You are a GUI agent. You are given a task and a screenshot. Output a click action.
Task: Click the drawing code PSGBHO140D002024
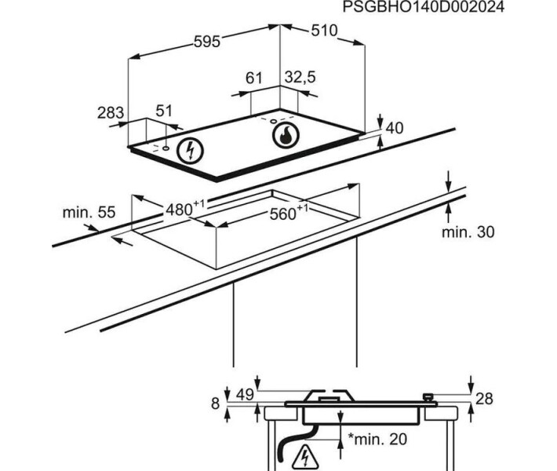[x=423, y=7]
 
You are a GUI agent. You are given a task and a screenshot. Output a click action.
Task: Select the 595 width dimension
[x=207, y=42]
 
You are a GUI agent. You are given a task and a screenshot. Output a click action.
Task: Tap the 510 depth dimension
[x=324, y=31]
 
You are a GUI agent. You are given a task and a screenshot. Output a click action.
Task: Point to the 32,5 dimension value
[x=300, y=77]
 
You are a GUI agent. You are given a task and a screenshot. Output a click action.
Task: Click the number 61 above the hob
[x=253, y=78]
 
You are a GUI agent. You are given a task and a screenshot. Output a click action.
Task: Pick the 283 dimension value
[x=111, y=113]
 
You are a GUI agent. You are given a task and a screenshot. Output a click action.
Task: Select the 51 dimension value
[x=164, y=111]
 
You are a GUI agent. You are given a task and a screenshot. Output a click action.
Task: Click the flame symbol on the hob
[x=286, y=136]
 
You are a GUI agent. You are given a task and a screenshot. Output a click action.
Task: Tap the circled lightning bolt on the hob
[x=190, y=151]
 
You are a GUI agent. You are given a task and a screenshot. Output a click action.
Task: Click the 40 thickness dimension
[x=395, y=128]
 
